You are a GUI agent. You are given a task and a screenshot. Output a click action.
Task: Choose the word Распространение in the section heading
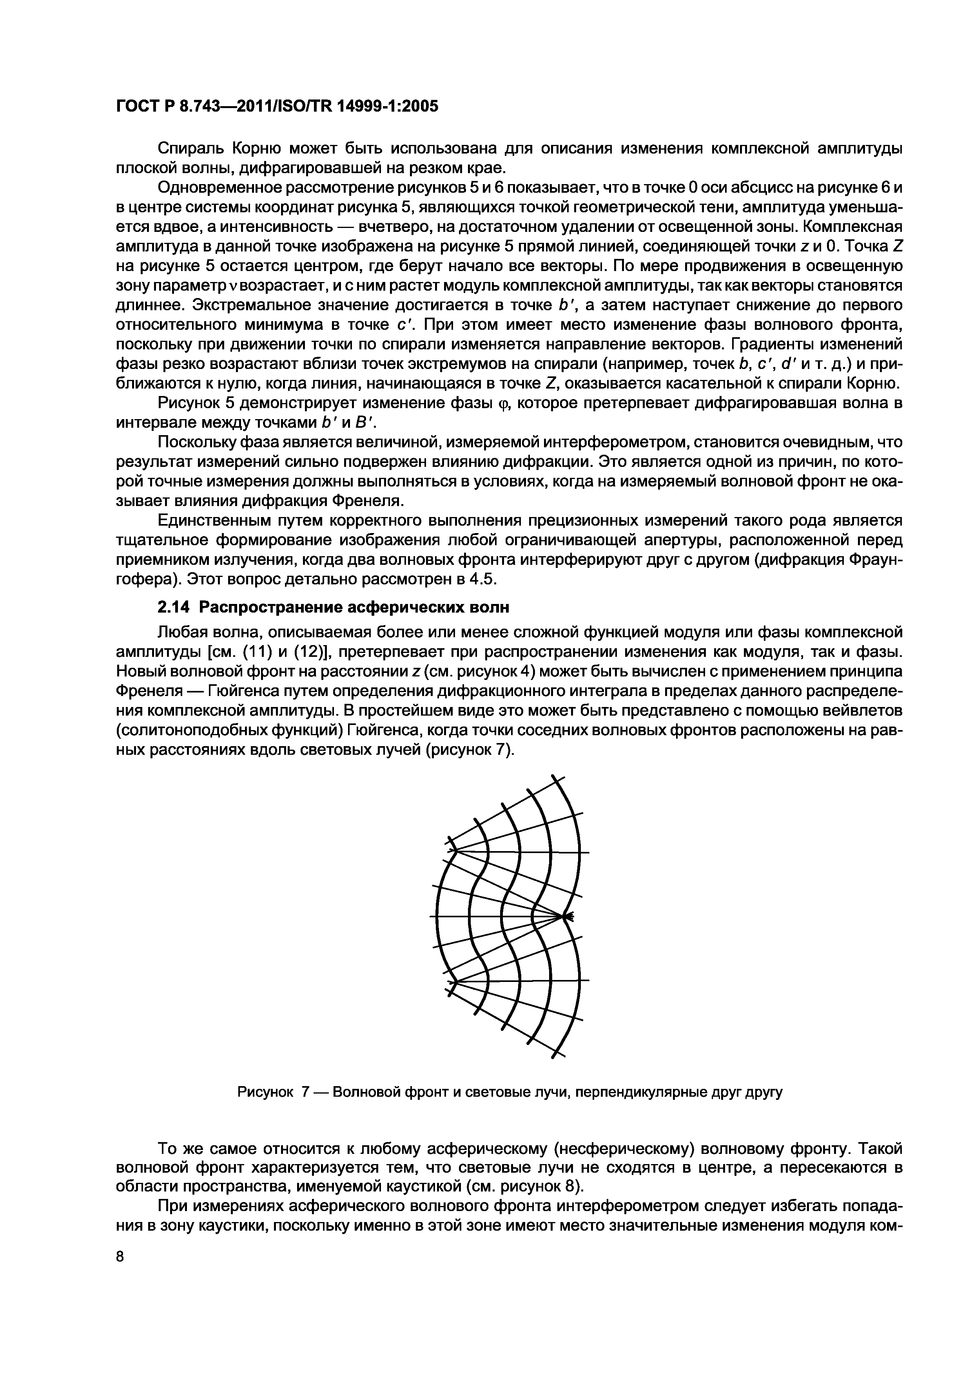267,608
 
